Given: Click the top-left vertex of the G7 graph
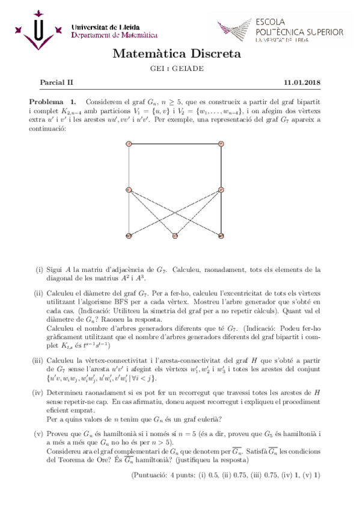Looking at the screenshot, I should click(x=129, y=143).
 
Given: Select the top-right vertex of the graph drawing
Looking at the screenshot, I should click(x=221, y=143).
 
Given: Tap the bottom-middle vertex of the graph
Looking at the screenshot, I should click(x=175, y=236).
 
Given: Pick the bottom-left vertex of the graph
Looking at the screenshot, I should click(x=129, y=236).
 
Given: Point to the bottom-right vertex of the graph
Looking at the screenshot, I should click(x=221, y=236).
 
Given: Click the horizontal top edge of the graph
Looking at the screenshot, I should click(x=175, y=143).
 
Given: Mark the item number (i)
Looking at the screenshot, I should click(x=39, y=270).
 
